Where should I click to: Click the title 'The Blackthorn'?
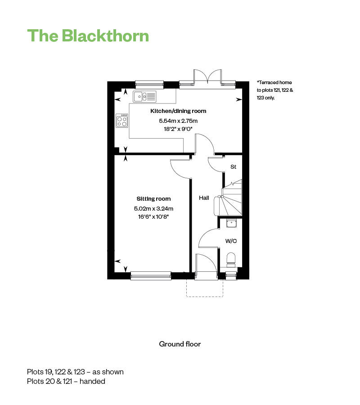click(x=88, y=36)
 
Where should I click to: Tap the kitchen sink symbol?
click(x=145, y=96)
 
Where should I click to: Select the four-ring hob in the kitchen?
click(x=122, y=121)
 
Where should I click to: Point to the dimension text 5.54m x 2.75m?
click(x=179, y=121)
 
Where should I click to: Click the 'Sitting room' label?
click(x=153, y=198)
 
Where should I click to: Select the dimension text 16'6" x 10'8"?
click(x=153, y=216)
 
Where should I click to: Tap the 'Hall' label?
click(x=204, y=198)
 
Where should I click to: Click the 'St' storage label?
click(x=233, y=167)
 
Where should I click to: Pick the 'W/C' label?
click(x=231, y=241)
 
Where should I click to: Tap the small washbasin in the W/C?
click(x=231, y=222)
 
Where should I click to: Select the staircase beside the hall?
click(x=232, y=198)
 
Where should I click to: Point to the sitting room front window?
click(x=151, y=275)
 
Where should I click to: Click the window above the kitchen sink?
click(x=149, y=83)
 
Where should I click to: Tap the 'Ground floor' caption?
click(x=180, y=344)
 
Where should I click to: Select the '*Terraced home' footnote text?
click(x=274, y=83)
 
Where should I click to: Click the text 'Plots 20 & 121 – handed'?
click(x=66, y=381)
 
